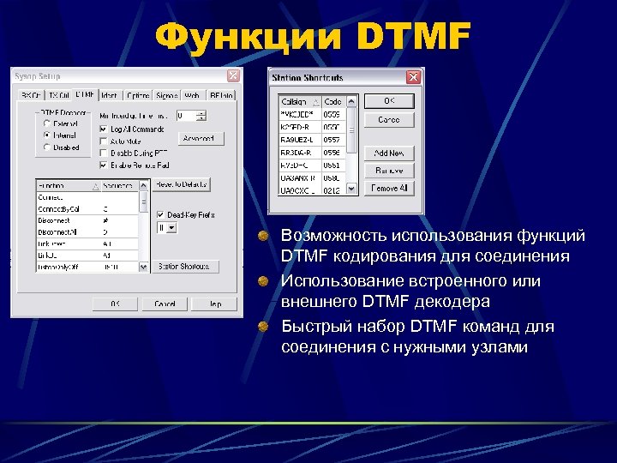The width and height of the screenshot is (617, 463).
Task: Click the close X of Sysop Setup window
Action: click(232, 76)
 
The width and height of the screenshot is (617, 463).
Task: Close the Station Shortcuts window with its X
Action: click(414, 78)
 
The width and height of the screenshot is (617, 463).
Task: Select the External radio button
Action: click(46, 123)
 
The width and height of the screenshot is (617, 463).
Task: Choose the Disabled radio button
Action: click(46, 147)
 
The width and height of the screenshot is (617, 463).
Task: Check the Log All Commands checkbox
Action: click(103, 129)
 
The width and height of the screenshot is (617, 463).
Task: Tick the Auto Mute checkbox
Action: click(103, 141)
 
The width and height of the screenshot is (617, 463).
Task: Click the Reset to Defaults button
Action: click(181, 184)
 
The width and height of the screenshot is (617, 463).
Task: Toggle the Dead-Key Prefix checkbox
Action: click(160, 214)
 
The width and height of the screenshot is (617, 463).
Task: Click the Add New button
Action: click(388, 153)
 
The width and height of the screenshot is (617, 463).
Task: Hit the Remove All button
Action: click(388, 188)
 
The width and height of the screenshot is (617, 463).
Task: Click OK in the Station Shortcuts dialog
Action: click(388, 101)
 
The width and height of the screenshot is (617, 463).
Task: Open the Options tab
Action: click(137, 95)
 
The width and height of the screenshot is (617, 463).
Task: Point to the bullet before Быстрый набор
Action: click(267, 327)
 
